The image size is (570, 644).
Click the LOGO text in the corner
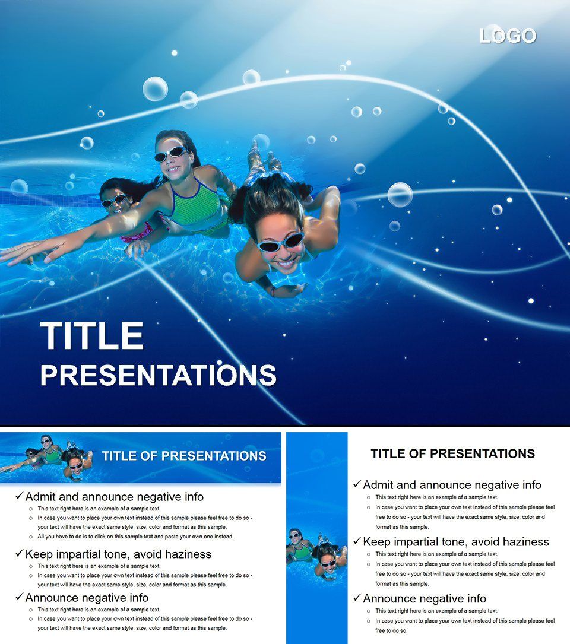coord(508,36)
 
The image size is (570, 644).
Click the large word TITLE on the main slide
coord(92,336)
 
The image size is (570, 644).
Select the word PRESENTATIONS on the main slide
coord(158,375)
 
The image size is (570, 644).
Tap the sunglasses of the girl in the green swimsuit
coord(170,154)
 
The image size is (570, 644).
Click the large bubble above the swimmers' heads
coord(155,89)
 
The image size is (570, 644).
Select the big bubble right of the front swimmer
coord(400,194)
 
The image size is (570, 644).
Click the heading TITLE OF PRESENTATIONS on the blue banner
coord(184,456)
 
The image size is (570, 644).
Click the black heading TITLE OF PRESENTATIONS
coord(452,454)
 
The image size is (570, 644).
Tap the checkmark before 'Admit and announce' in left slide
coord(19,496)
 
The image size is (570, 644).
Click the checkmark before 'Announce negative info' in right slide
coord(357,598)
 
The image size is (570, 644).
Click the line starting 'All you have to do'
coord(135,537)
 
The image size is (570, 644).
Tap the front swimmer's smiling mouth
coord(286,262)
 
